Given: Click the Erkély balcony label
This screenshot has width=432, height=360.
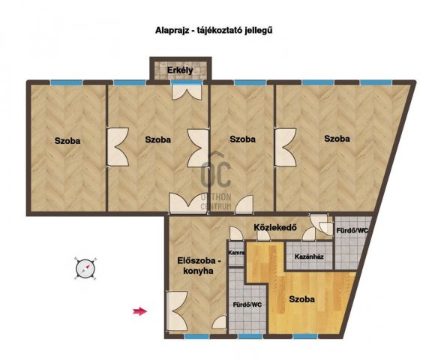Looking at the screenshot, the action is click(x=180, y=70).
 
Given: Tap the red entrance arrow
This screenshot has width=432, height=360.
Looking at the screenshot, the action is click(x=140, y=311).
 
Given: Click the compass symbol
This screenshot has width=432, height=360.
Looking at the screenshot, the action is click(x=85, y=268).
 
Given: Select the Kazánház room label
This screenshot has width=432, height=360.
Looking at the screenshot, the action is click(x=309, y=256).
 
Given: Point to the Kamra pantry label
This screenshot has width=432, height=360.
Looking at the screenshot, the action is click(x=236, y=253).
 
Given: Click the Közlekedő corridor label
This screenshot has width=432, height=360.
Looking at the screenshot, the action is click(x=275, y=228).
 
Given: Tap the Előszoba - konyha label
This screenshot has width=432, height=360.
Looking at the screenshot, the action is click(x=199, y=265).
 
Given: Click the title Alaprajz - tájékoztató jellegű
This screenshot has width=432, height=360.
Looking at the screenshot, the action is click(x=214, y=30).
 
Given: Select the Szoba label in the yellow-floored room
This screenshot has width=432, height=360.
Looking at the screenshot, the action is click(x=302, y=299).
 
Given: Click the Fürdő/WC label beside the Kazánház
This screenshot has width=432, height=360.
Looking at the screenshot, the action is click(x=352, y=231).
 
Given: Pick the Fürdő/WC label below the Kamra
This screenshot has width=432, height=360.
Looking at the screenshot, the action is click(x=247, y=305).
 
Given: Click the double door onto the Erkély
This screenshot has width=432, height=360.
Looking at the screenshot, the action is click(x=187, y=91).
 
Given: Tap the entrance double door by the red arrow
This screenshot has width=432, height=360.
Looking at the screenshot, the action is click(x=177, y=312).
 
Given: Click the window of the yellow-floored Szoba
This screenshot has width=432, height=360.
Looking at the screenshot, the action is click(x=304, y=336).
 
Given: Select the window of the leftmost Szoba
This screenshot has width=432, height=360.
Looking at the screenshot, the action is click(x=67, y=82).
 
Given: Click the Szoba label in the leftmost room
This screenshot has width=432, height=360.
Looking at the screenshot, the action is click(x=67, y=141).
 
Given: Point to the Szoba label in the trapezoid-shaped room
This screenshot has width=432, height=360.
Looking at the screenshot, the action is click(x=337, y=139).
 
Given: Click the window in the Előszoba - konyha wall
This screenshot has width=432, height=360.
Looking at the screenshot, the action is click(x=196, y=336).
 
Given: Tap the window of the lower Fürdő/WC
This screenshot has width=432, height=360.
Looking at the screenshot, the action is click(x=250, y=336).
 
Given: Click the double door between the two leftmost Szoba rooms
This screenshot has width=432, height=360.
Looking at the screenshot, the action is click(x=118, y=147).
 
